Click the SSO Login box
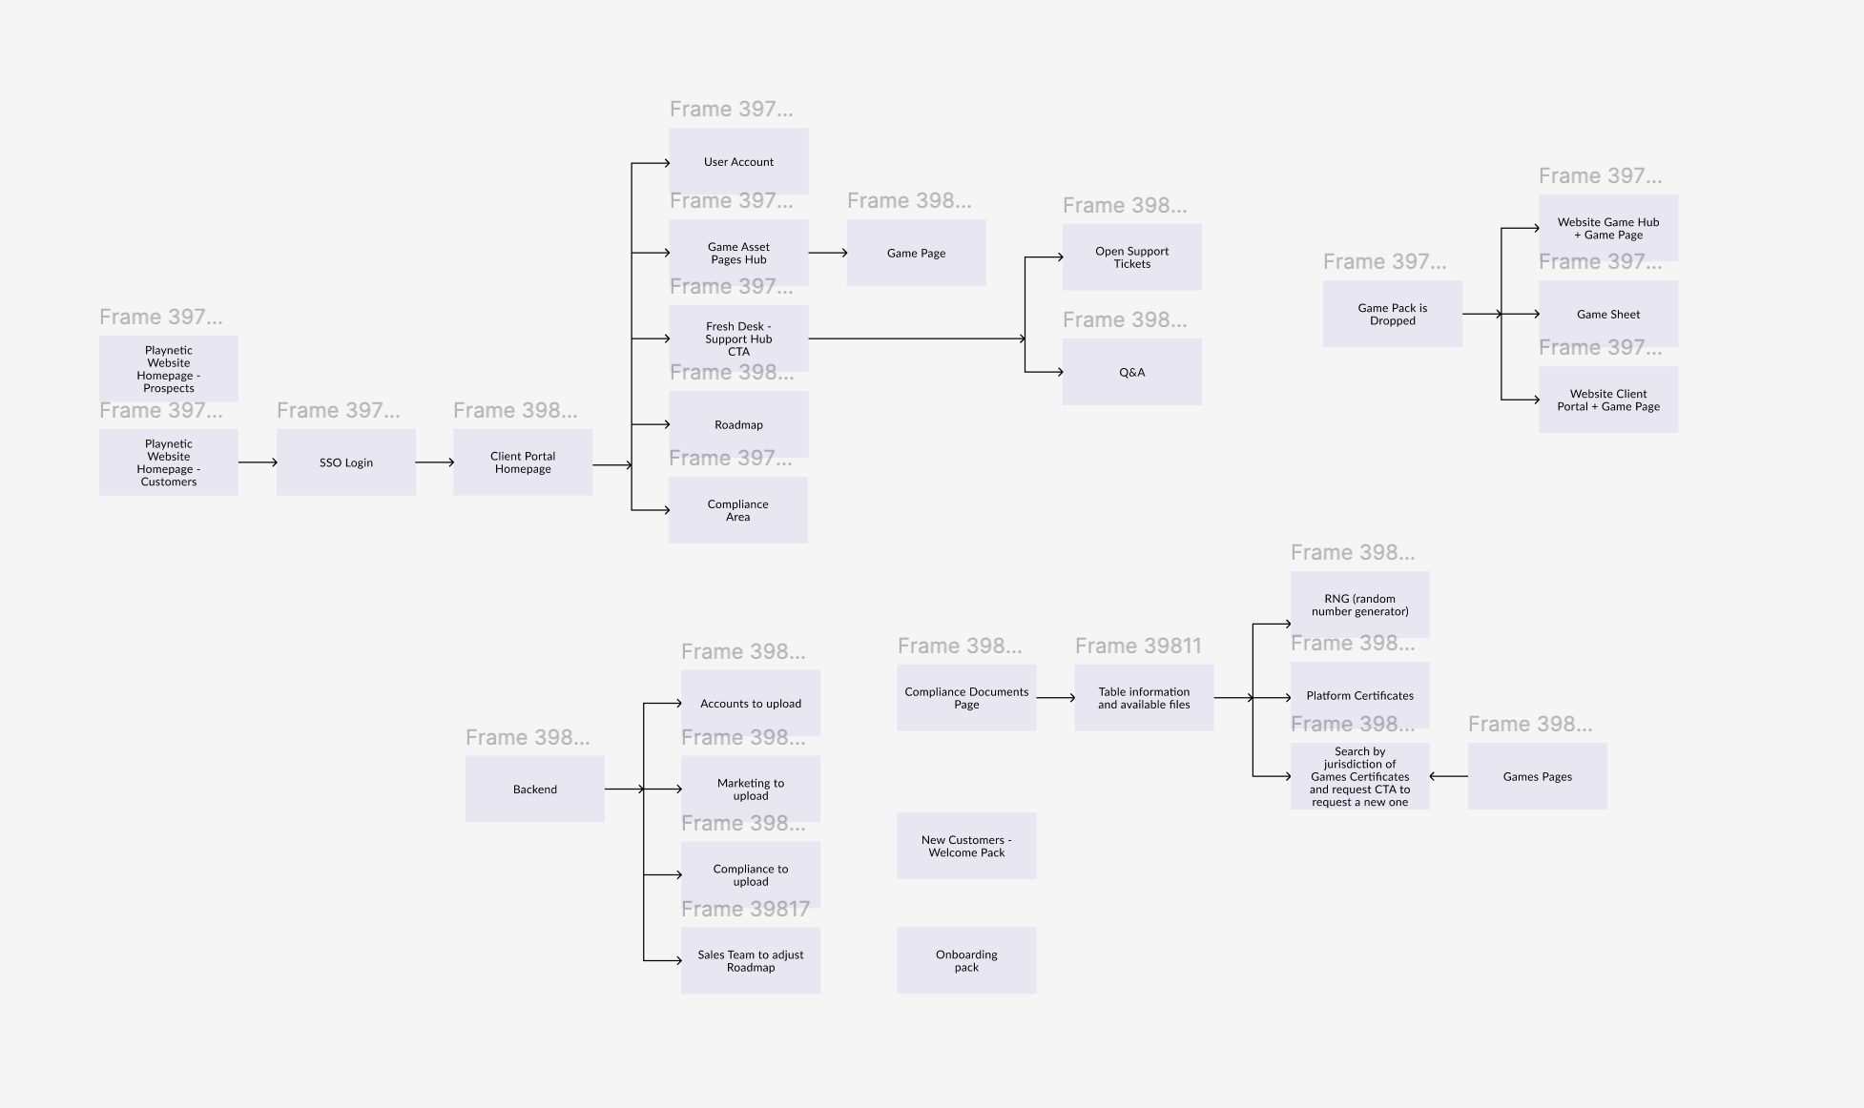(x=346, y=462)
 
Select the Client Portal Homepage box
(x=523, y=462)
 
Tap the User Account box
(x=739, y=162)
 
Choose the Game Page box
(x=917, y=253)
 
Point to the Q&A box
(x=1132, y=372)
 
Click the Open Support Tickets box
(x=1132, y=257)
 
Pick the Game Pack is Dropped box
(x=1393, y=314)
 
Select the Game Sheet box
(x=1608, y=314)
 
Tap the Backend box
(x=535, y=789)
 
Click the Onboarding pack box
(x=966, y=960)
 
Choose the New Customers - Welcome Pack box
(x=966, y=846)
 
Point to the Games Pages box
(x=1538, y=776)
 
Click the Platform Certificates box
(x=1360, y=695)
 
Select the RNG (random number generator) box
(x=1360, y=605)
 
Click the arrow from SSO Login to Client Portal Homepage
(x=435, y=462)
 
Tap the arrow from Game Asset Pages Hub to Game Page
(x=828, y=253)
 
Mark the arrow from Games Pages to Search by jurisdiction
(x=1449, y=776)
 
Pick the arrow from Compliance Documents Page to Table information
(x=1056, y=698)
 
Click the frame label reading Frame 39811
(x=1138, y=646)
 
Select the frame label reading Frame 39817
(x=745, y=909)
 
